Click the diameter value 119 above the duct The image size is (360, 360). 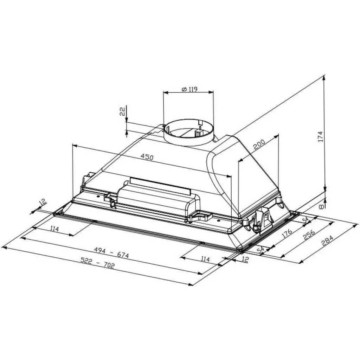click(x=192, y=89)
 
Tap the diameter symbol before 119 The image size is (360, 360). click(x=184, y=89)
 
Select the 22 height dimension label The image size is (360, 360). click(x=122, y=112)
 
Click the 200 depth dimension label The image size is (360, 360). click(x=259, y=144)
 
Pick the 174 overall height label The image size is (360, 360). click(x=320, y=136)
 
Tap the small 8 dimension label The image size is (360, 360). click(x=320, y=207)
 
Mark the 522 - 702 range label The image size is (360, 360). click(x=97, y=263)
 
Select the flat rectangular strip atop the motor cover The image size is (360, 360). click(x=160, y=185)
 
